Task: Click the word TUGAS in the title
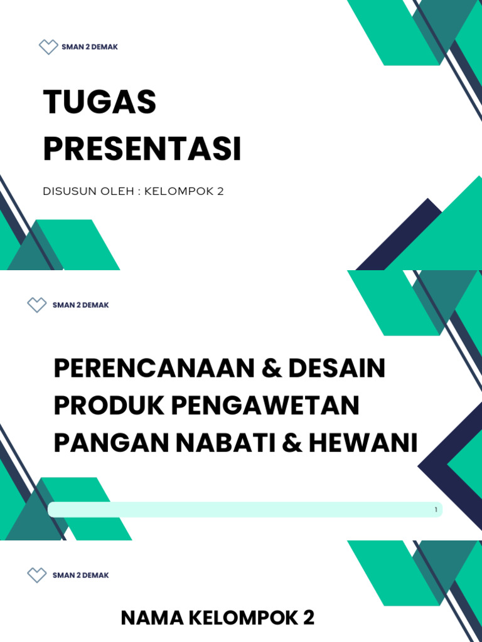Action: (99, 103)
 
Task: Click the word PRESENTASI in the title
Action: (142, 150)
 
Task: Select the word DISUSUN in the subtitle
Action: (67, 192)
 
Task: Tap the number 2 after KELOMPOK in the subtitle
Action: (220, 192)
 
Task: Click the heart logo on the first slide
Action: (48, 47)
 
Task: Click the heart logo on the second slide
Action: (37, 305)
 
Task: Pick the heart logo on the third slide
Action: (37, 575)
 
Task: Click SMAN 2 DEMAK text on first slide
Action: (90, 48)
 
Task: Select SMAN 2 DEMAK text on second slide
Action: (81, 305)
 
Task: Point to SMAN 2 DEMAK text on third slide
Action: (81, 576)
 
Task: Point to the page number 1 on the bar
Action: (436, 510)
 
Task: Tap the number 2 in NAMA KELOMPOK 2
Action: (308, 619)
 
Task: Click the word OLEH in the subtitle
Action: (114, 192)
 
